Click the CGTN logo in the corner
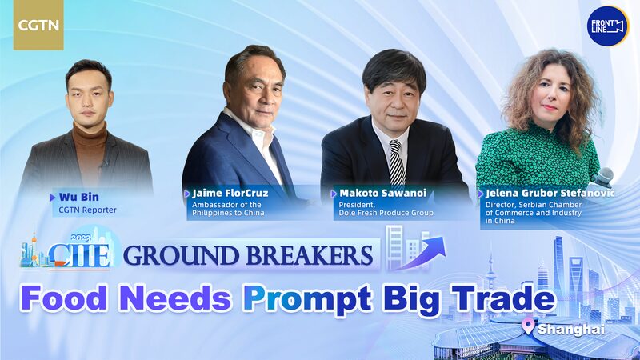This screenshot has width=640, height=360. pos(38,26)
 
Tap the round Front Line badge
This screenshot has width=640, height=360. pos(607,26)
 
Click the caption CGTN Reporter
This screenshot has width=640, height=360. pos(89,210)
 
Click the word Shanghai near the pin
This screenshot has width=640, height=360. pos(571,329)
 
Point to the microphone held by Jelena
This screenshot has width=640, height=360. pos(603,175)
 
